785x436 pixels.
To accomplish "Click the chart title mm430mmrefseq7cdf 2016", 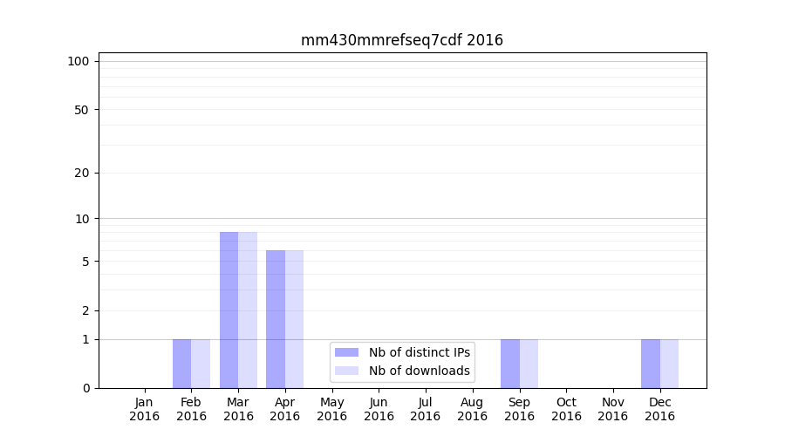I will coord(402,40).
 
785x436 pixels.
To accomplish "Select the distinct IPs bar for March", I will coord(229,310).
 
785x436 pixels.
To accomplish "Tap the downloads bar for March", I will coord(248,310).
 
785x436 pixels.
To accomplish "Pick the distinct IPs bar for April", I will coord(276,319).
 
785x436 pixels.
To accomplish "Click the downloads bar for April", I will coord(294,319).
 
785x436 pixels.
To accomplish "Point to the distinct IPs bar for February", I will coord(181,364).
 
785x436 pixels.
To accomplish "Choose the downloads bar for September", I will coord(529,364).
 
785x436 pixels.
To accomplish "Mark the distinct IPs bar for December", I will coord(651,364).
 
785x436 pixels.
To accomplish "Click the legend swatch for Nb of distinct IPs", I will coord(346,352).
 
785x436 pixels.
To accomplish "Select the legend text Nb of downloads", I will coord(420,371).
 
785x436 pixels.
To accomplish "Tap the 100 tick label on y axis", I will coord(78,61).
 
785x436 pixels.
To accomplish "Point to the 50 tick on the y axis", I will coord(82,110).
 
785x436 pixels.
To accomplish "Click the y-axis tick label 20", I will coord(82,173).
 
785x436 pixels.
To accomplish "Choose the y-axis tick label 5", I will coord(85,262).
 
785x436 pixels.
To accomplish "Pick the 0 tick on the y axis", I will coord(85,388).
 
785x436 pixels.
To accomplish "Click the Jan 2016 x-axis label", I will coord(145,409).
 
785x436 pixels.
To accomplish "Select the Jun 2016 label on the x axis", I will coord(379,409).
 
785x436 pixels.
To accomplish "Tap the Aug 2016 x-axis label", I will coord(472,409).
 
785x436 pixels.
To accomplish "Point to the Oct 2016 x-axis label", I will coord(566,409).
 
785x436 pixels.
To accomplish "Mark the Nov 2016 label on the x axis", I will coord(613,409).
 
